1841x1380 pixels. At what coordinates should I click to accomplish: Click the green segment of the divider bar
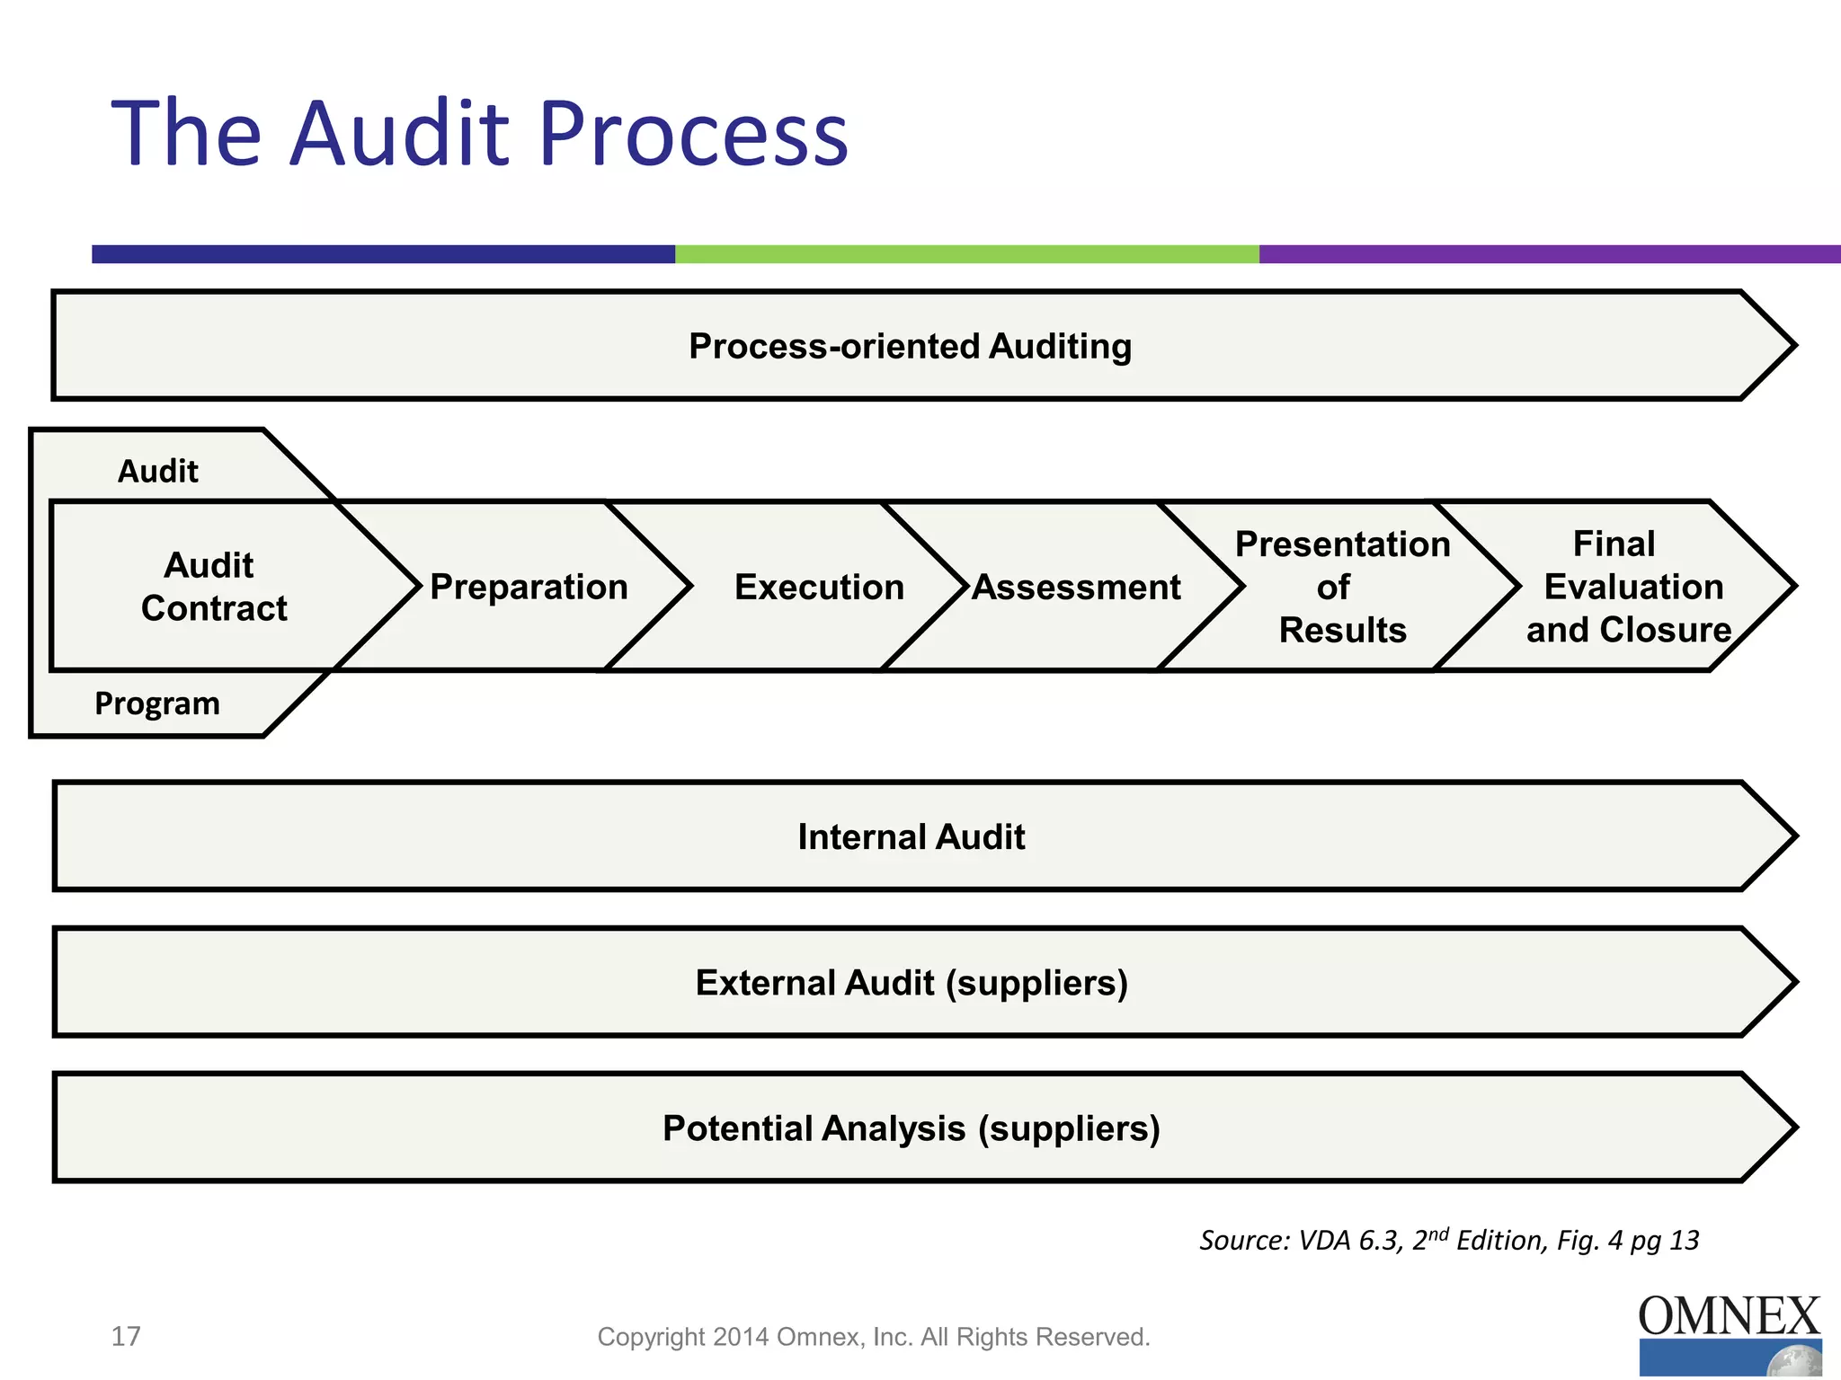pyautogui.click(x=966, y=254)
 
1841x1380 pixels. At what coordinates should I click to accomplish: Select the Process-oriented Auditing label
pyautogui.click(x=910, y=346)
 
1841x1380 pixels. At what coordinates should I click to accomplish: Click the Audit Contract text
pyautogui.click(x=213, y=587)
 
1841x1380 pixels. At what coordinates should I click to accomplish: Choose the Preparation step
pyautogui.click(x=529, y=587)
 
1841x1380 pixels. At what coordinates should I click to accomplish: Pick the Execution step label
pyautogui.click(x=819, y=587)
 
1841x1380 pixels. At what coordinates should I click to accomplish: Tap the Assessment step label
pyautogui.click(x=1076, y=587)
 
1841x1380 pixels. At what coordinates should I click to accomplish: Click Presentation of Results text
pyautogui.click(x=1342, y=587)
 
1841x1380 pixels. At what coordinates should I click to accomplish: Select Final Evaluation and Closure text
pyautogui.click(x=1627, y=587)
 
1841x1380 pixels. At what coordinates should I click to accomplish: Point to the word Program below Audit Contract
pyautogui.click(x=157, y=703)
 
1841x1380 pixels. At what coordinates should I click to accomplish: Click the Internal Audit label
pyautogui.click(x=911, y=836)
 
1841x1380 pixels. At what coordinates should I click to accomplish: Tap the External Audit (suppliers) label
pyautogui.click(x=911, y=982)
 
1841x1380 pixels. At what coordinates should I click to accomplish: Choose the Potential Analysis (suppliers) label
pyautogui.click(x=911, y=1128)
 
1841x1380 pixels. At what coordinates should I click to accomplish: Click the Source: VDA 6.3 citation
pyautogui.click(x=1448, y=1240)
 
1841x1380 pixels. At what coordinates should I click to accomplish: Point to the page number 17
pyautogui.click(x=126, y=1336)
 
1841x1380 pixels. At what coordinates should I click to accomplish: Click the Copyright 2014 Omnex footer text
pyautogui.click(x=874, y=1337)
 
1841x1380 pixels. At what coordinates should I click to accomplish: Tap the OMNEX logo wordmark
pyautogui.click(x=1729, y=1316)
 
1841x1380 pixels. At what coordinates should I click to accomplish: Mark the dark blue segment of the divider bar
pyautogui.click(x=383, y=254)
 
